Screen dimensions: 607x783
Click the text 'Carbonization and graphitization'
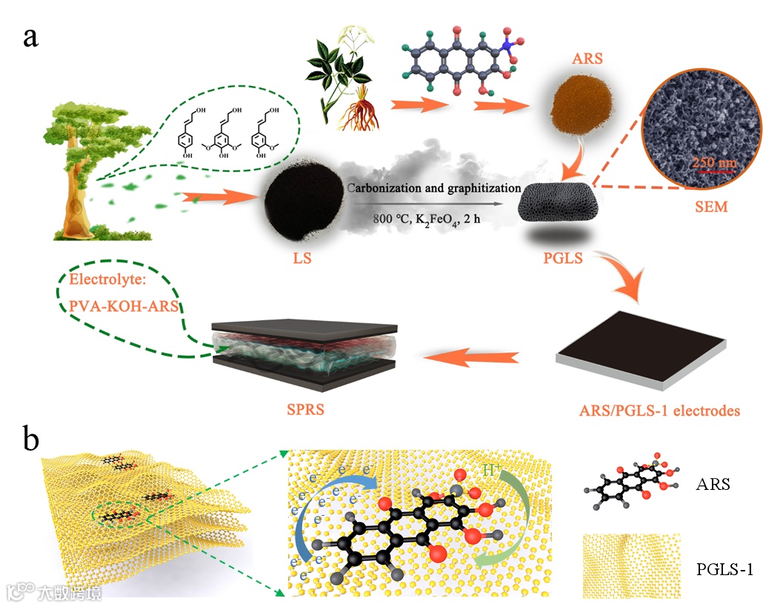tap(434, 188)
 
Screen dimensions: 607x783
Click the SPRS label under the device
tap(306, 410)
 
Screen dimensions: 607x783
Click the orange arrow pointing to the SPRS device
tap(471, 359)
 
